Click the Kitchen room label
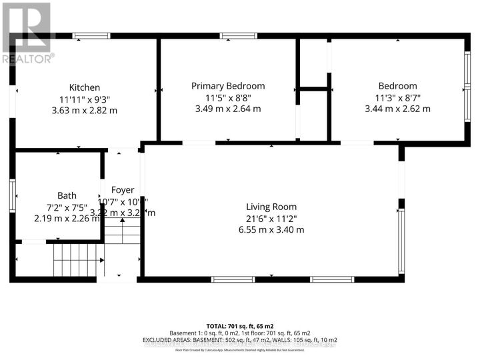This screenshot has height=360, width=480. click(85, 87)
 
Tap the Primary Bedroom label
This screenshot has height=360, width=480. click(228, 86)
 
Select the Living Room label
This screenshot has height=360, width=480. click(271, 207)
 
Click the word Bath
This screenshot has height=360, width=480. click(67, 195)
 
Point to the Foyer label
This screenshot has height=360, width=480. click(123, 190)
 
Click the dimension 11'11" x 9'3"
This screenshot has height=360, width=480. click(85, 99)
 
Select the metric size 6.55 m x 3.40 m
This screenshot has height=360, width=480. click(271, 229)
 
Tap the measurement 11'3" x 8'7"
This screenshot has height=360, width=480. click(397, 97)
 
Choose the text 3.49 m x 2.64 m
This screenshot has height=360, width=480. click(228, 109)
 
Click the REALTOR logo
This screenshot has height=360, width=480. click(27, 33)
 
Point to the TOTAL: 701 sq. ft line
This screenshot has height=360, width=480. click(239, 325)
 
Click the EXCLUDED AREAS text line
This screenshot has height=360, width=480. click(239, 341)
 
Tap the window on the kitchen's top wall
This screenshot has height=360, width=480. click(87, 35)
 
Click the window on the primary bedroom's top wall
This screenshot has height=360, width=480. click(234, 35)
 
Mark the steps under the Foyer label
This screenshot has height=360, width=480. click(124, 235)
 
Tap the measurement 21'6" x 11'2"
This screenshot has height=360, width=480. click(271, 218)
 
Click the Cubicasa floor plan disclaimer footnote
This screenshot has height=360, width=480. click(239, 350)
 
